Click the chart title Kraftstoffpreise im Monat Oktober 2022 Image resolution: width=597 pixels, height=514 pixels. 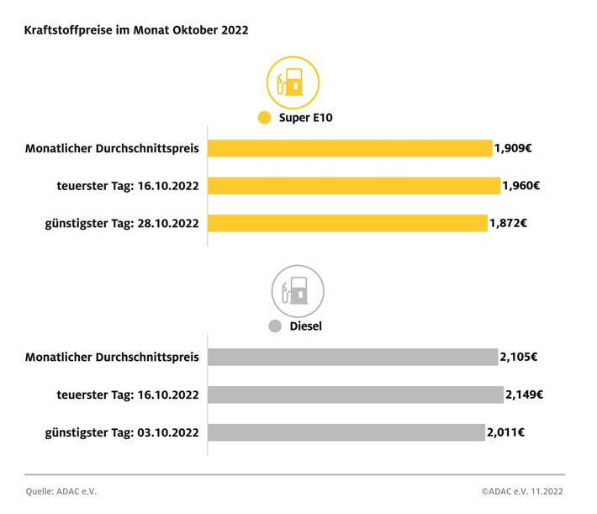pos(136,29)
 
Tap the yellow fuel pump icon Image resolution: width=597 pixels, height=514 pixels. pos(293,82)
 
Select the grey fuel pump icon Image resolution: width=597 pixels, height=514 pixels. pos(297,291)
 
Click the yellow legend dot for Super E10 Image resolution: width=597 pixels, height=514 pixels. pos(265,118)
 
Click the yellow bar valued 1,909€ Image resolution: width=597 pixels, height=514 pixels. pos(350,149)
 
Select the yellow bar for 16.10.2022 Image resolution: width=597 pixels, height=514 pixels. pos(354,186)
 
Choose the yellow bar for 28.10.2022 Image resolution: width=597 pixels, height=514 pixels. pos(347,224)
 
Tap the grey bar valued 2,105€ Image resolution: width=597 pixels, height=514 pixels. pos(352,357)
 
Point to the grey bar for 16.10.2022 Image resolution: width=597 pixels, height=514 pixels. pos(356,395)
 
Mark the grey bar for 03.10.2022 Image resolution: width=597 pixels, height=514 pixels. pos(346,432)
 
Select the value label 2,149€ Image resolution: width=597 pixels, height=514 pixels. pos(524,395)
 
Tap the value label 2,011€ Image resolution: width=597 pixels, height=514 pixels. pos(507,432)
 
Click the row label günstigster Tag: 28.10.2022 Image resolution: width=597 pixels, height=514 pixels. pos(121,224)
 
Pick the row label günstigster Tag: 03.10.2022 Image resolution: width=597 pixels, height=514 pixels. pos(121,432)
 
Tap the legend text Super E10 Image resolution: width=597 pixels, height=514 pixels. pos(306,118)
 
